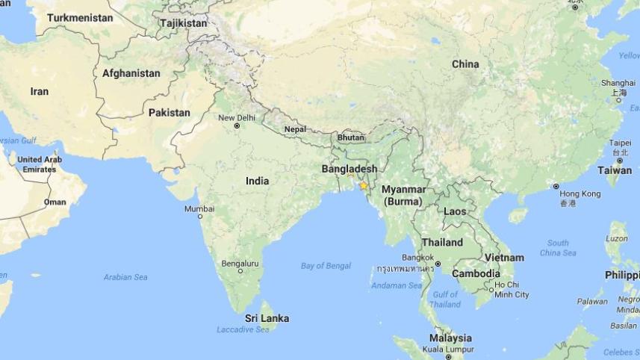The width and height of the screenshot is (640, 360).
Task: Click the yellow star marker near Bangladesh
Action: click(364, 185)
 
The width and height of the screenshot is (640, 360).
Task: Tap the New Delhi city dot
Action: click(237, 125)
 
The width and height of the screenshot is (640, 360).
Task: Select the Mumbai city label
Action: click(199, 208)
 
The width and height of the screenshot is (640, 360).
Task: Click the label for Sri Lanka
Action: click(267, 318)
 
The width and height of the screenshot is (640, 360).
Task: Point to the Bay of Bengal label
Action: click(326, 266)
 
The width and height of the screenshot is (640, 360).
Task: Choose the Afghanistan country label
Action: click(131, 73)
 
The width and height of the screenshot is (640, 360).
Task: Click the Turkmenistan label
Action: click(80, 17)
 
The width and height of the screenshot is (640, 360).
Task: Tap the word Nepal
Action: click(295, 129)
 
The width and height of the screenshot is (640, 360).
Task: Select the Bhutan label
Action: click(350, 137)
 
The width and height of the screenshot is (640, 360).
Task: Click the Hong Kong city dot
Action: click(556, 186)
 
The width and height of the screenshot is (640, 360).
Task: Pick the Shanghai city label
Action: click(618, 83)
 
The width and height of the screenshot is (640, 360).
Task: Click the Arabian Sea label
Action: click(125, 277)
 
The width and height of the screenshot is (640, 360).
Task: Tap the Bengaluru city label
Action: click(240, 264)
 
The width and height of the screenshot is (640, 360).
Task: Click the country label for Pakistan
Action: click(170, 113)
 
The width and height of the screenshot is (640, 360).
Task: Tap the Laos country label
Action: click(455, 211)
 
